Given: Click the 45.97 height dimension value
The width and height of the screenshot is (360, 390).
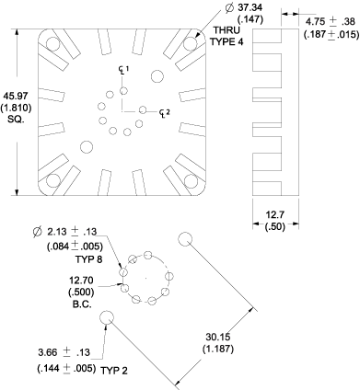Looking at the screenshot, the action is coord(16,96).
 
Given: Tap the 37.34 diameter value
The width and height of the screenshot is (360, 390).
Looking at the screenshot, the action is coord(250,7).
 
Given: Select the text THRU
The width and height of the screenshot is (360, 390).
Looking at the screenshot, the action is coord(226,30).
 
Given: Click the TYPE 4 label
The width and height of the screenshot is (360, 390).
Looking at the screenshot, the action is coord(226,41).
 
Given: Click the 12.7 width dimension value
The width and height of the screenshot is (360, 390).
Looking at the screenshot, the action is coord(275,214).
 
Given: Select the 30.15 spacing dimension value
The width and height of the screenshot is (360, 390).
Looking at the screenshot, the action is coord(218,337).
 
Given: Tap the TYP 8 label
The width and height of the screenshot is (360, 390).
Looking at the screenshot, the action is coord(88,259).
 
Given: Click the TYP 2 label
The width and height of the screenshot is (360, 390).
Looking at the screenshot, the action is coord(114,371).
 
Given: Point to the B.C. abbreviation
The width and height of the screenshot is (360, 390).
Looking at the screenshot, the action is coord(82,304).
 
